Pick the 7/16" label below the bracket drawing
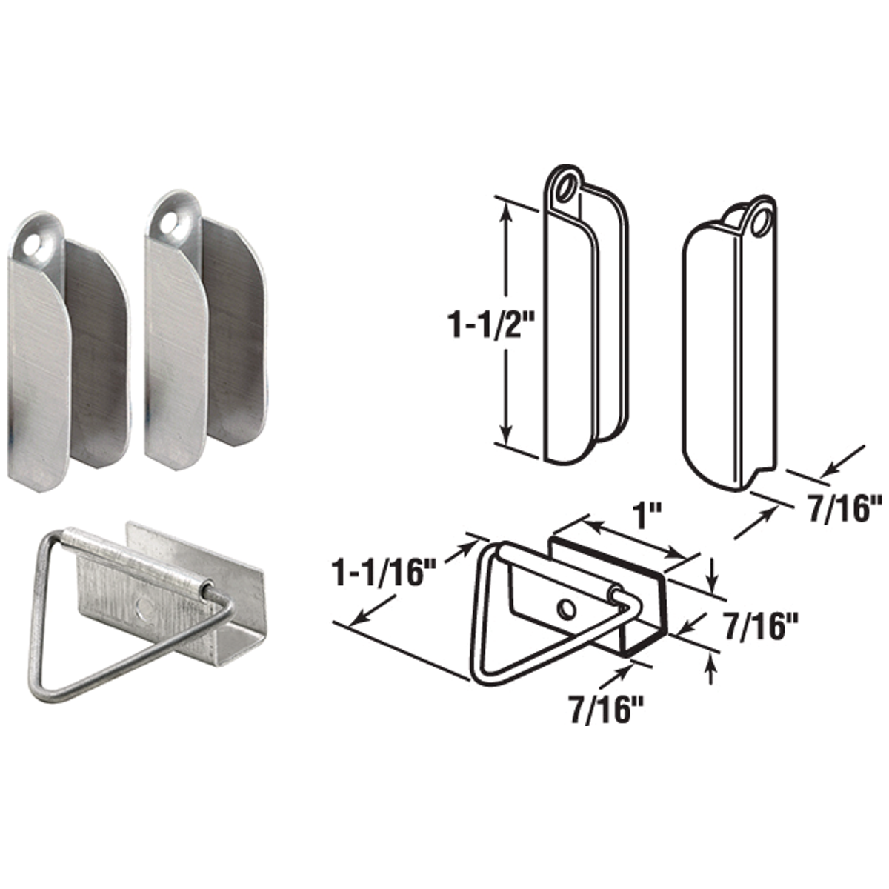tap(605, 710)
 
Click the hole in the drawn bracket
tap(566, 608)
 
